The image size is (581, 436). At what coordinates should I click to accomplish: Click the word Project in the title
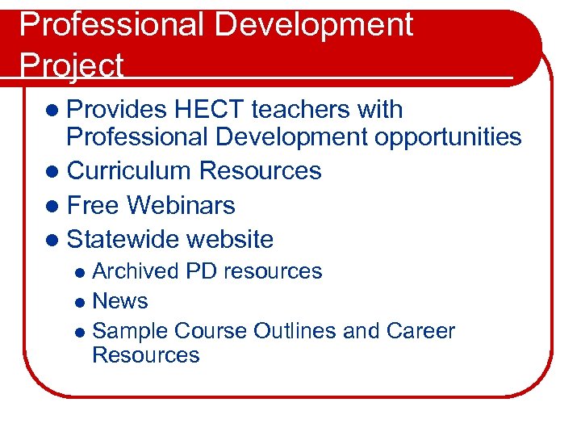[x=71, y=65]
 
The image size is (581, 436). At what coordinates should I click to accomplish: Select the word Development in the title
[x=317, y=24]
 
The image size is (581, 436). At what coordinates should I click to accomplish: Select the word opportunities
[x=448, y=137]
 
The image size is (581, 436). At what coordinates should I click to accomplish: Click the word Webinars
[x=182, y=205]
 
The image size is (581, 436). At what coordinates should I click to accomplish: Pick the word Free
[x=94, y=205]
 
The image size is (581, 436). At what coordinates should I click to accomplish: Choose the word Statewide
[x=123, y=239]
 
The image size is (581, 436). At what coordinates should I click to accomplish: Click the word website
[x=230, y=239]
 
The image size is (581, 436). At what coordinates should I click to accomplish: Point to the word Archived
[x=136, y=271]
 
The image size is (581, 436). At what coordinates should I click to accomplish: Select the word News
[x=120, y=301]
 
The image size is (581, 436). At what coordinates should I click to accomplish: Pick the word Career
[x=420, y=331]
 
